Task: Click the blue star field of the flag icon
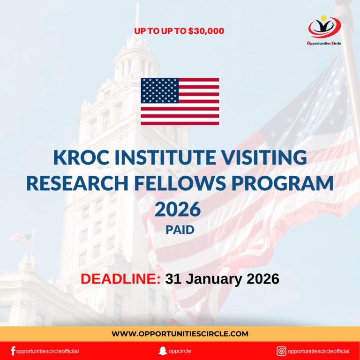(159, 90)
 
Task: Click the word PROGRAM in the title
(286, 183)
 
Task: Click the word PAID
(180, 230)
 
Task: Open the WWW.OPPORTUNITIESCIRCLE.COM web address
(180, 334)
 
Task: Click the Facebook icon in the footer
(13, 351)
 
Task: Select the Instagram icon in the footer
(281, 351)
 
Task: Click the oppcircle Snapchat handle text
(181, 351)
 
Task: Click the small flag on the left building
(21, 239)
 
